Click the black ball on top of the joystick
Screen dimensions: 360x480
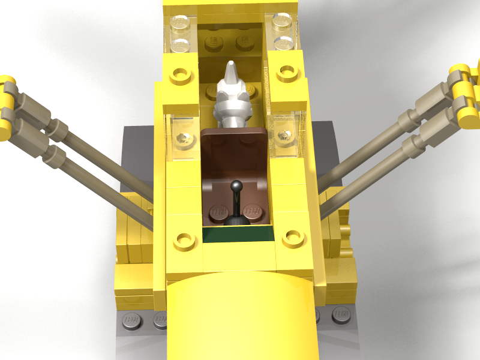[x=237, y=185]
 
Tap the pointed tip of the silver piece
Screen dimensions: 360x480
[x=231, y=66]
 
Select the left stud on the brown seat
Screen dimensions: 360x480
[x=217, y=214]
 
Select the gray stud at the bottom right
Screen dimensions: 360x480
[x=342, y=315]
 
